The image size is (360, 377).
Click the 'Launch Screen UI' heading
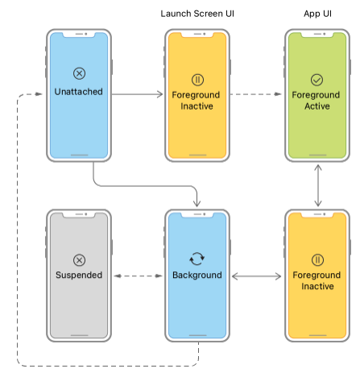198,13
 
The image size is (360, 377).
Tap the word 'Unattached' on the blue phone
79,93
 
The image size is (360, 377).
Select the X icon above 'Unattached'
79,73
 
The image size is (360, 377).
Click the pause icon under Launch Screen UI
198,80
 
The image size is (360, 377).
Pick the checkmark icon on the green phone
317,80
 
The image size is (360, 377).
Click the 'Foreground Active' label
317,99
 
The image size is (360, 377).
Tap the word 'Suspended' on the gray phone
79,275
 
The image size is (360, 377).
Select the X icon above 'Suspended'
79,259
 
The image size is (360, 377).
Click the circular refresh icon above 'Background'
197,259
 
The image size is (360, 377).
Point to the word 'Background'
197,275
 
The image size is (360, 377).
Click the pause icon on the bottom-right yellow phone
317,259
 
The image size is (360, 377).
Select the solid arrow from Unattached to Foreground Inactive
137,94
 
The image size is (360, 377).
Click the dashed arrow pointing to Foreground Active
256,94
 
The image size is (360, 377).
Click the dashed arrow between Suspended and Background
137,275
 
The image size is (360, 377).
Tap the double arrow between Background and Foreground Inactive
256,275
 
